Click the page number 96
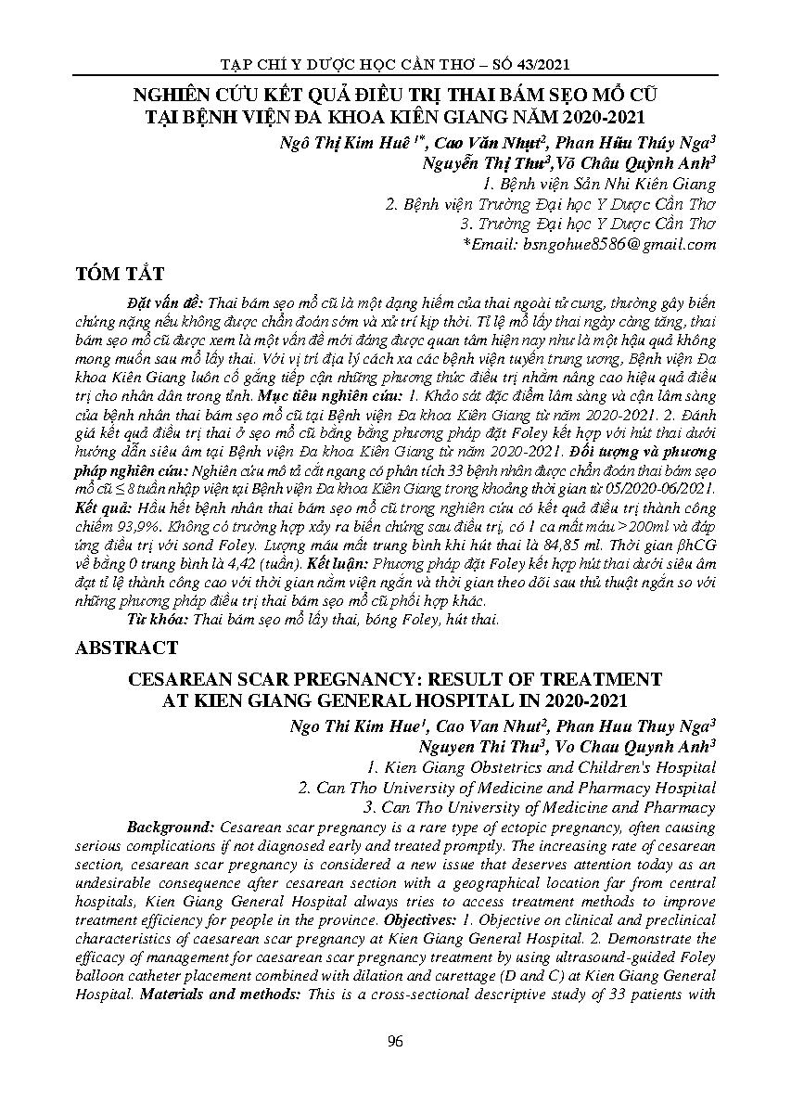pyautogui.click(x=395, y=1041)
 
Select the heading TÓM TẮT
pyautogui.click(x=121, y=274)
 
